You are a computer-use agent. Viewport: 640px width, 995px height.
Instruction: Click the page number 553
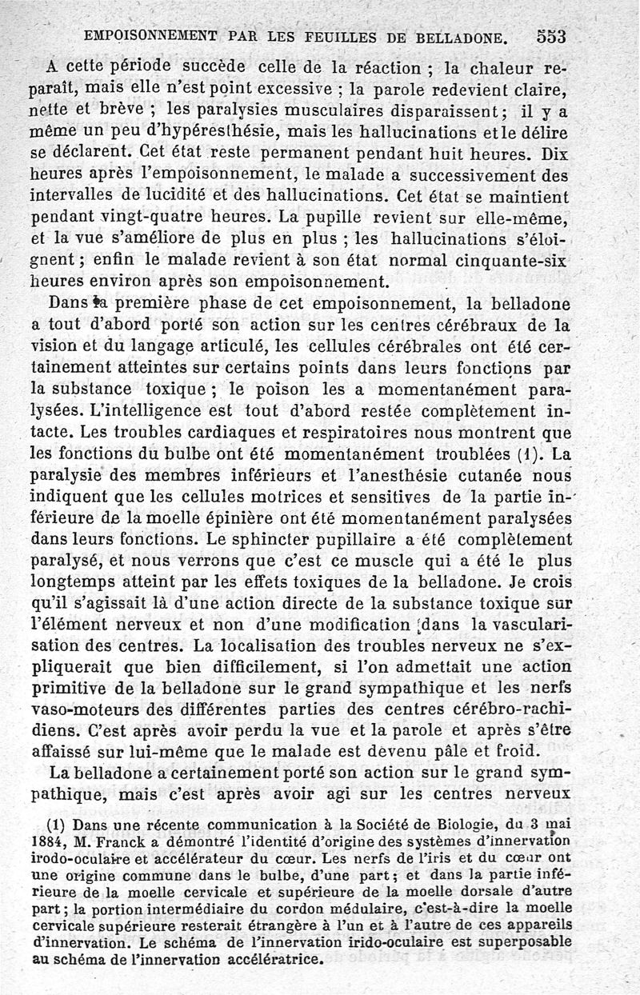point(550,36)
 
